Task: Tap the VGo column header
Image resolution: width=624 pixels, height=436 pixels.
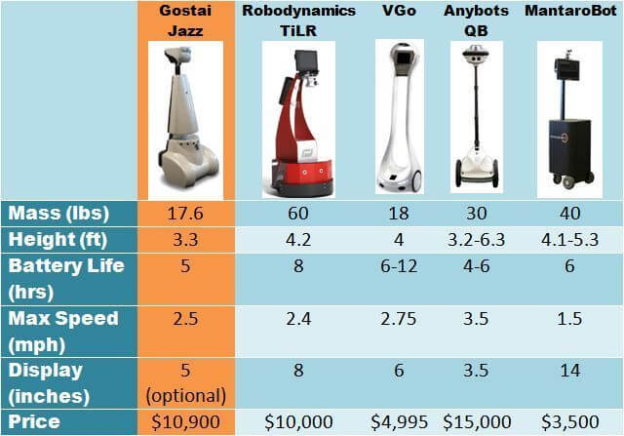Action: pyautogui.click(x=400, y=12)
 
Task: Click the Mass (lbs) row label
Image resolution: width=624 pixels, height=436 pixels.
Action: pyautogui.click(x=58, y=213)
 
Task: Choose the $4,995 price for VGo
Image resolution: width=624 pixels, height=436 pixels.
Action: pyautogui.click(x=401, y=422)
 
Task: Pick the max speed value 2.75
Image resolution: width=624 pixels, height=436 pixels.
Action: pyautogui.click(x=401, y=319)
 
